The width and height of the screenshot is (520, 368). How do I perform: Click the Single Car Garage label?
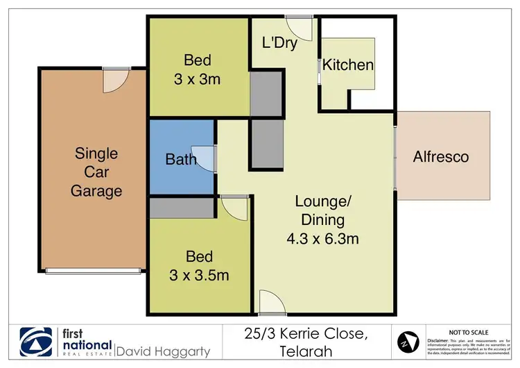pos(96,172)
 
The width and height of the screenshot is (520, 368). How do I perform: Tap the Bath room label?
pos(181,159)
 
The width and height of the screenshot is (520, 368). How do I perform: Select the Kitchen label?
pos(349,65)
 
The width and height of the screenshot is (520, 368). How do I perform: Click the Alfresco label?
pos(441,157)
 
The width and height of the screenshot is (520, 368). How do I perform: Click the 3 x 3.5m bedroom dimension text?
pos(199,275)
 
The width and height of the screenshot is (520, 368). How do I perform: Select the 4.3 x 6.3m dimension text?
pos(324,240)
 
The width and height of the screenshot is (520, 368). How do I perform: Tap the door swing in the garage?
pos(113,80)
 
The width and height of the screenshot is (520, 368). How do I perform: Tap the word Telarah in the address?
pos(306,352)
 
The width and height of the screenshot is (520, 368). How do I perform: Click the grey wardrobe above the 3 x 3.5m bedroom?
pos(182,207)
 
